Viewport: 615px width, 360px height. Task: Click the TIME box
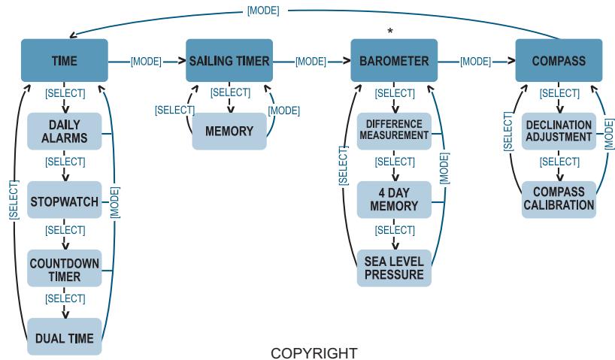point(65,60)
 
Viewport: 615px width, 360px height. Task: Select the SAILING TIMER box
point(229,60)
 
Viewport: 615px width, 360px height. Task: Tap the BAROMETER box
point(394,60)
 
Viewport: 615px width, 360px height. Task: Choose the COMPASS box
point(559,60)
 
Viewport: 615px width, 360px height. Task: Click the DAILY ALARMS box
point(65,132)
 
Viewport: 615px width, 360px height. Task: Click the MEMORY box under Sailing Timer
point(229,132)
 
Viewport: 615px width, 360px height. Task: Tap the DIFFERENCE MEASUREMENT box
point(394,132)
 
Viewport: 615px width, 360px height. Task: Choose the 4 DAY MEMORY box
point(394,200)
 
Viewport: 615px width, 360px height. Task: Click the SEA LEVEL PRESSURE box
point(394,268)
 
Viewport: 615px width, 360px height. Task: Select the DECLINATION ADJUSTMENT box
point(559,132)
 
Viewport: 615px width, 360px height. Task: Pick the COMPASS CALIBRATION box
point(559,200)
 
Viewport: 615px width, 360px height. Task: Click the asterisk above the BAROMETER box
point(390,31)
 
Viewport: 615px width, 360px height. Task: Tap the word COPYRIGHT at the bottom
point(314,353)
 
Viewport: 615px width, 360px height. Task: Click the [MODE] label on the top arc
point(263,11)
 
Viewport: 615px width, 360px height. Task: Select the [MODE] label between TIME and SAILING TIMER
point(146,62)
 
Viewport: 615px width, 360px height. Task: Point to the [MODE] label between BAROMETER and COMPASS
point(475,62)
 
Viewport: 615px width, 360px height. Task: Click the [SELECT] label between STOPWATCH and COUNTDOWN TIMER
point(65,230)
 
